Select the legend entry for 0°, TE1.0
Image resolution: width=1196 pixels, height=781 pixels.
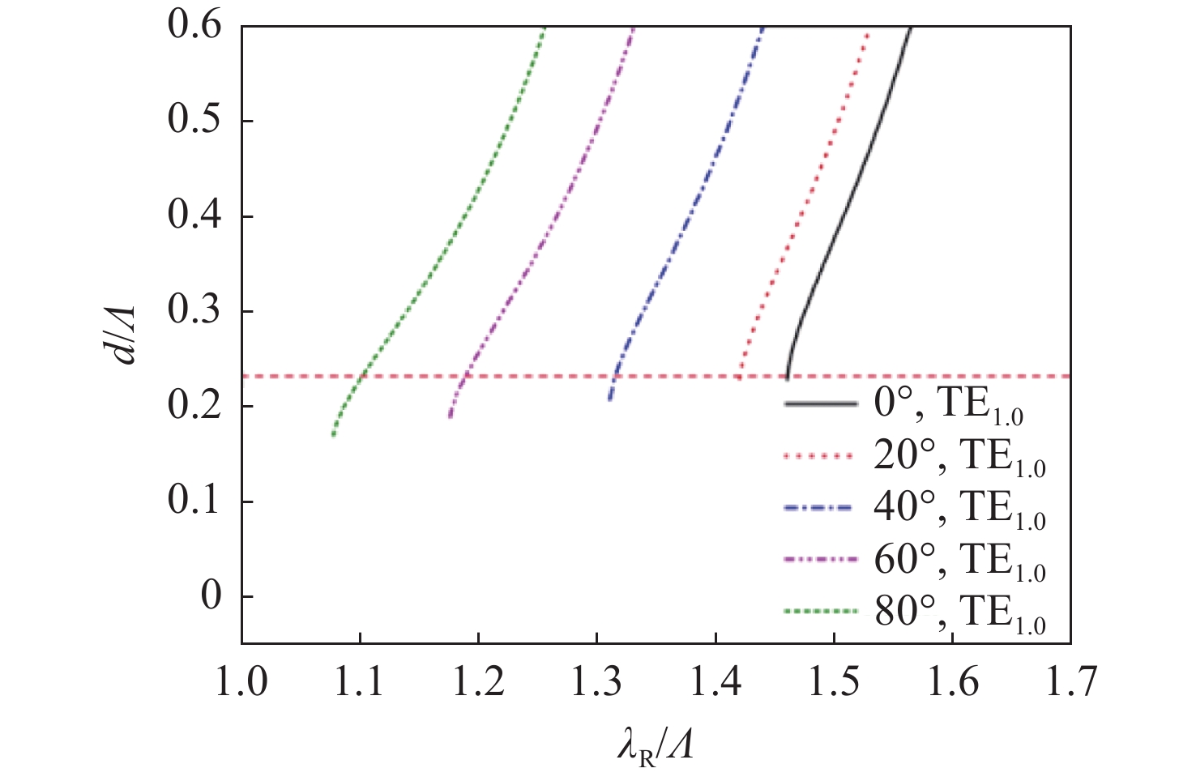(903, 404)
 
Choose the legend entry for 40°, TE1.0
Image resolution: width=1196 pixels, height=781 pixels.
(916, 508)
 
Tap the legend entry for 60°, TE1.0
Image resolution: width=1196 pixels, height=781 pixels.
(916, 560)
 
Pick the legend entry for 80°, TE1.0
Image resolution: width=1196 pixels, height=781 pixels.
(916, 612)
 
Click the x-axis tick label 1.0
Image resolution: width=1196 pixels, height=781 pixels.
(241, 682)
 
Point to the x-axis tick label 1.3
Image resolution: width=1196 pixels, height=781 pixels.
(597, 682)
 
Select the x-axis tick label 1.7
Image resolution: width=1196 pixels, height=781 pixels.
(1070, 682)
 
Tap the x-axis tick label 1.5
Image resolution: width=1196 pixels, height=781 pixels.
(834, 682)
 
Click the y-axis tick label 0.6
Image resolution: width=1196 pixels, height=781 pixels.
(194, 26)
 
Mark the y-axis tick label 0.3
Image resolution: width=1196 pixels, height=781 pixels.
(194, 311)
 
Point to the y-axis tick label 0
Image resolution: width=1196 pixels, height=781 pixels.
(211, 596)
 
